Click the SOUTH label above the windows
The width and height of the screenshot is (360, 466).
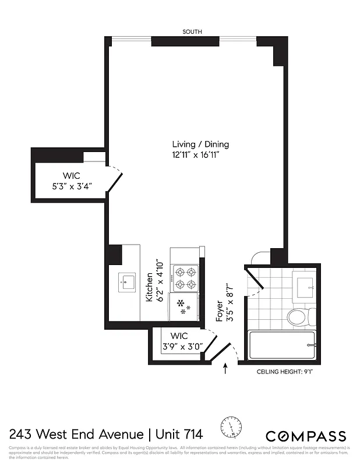(192, 32)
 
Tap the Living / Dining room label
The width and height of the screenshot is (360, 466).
(200, 144)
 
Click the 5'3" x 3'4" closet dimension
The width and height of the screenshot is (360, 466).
(72, 187)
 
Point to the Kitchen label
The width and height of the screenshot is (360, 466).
(149, 287)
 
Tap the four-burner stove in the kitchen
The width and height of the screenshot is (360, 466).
(185, 278)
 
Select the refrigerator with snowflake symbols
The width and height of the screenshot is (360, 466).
(183, 306)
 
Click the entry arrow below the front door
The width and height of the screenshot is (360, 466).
(225, 369)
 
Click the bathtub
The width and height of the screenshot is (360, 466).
(283, 346)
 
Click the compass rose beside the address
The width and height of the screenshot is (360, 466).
(233, 429)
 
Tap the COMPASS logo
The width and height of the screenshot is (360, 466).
(306, 436)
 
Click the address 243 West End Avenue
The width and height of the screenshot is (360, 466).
(76, 434)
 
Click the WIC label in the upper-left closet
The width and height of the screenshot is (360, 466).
(72, 175)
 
